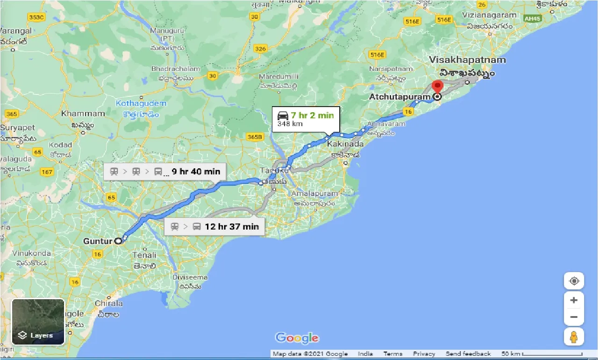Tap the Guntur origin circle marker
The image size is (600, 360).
pos(118,241)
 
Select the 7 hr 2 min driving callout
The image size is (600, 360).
pos(306,119)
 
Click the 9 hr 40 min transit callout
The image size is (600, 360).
pos(165,172)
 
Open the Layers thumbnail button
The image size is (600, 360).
pos(38,322)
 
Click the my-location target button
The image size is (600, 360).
pos(574,281)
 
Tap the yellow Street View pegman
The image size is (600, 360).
pos(574,337)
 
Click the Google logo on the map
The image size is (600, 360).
pos(297,338)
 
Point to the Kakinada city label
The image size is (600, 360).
pos(345,144)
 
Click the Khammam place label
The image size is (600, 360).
pos(83,114)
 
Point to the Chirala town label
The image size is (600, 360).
pos(109,303)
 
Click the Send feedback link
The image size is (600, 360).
pos(468,354)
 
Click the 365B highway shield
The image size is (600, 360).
pos(255,137)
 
